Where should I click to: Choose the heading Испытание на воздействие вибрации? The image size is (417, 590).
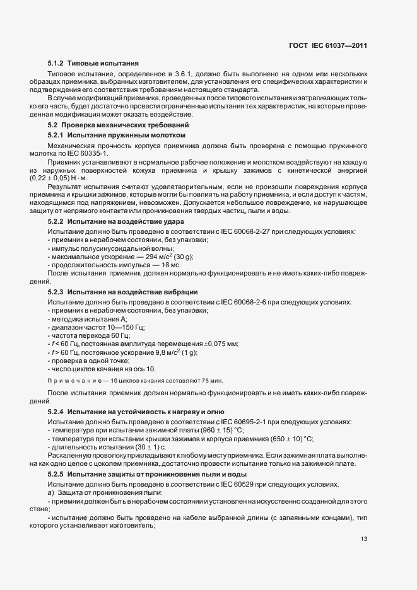point(132,292)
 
